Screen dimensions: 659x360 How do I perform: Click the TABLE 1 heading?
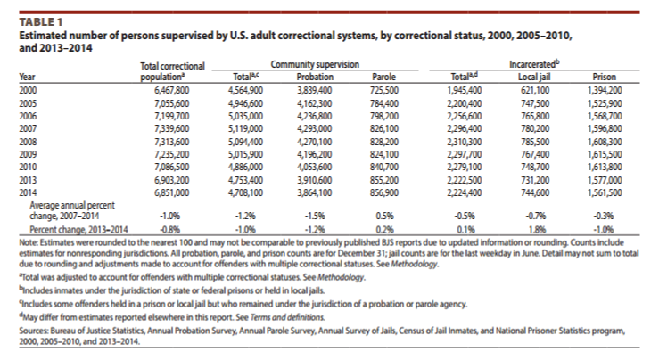40,22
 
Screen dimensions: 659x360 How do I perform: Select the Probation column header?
315,77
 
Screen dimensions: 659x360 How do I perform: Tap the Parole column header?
383,77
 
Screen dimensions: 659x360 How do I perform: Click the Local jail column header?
534,77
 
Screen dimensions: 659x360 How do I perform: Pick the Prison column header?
604,77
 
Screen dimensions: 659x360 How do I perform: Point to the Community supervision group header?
315,64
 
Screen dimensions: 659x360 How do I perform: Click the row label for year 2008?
28,142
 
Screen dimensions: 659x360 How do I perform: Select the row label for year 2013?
28,180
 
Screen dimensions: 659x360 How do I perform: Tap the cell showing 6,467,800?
171,90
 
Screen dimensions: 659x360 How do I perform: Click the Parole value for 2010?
384,168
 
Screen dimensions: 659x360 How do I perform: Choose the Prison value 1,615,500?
605,154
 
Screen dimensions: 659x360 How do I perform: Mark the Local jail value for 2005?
535,103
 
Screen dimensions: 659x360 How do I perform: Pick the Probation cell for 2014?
315,192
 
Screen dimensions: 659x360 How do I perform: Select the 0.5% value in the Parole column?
384,216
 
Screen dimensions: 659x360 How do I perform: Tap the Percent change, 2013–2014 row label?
78,229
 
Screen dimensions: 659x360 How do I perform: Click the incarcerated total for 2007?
464,128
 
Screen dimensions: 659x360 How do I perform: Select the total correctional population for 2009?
171,154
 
